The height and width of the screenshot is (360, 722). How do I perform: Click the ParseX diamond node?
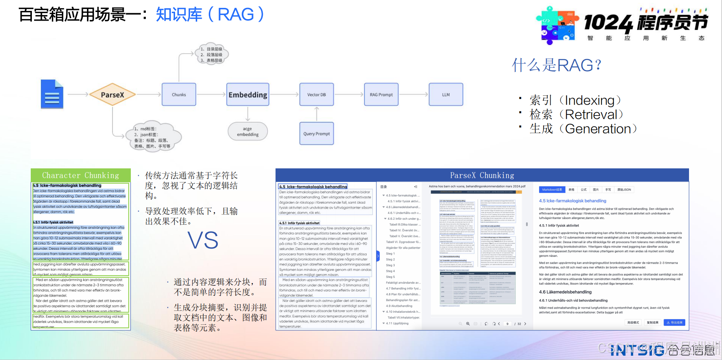(x=112, y=95)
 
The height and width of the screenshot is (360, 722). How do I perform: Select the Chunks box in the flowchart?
(x=179, y=94)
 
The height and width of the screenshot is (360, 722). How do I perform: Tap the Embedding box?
(x=248, y=94)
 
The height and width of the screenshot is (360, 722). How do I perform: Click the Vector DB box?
(x=316, y=94)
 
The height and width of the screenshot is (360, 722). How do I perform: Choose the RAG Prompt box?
(x=381, y=94)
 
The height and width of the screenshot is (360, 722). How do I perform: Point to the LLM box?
(x=446, y=94)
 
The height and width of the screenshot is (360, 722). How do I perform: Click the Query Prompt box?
(x=316, y=133)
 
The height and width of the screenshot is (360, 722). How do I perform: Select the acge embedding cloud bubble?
(x=248, y=132)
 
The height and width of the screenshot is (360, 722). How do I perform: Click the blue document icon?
(x=52, y=94)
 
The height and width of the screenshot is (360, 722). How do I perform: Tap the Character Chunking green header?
(x=81, y=175)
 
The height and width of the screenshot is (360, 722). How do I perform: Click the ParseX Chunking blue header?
(x=482, y=175)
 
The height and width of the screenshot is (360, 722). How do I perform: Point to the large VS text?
(x=203, y=240)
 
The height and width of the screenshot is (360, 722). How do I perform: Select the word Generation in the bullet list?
(x=598, y=129)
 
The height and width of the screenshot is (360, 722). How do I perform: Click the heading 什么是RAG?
(x=557, y=65)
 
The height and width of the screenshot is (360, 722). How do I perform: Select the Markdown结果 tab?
(x=552, y=190)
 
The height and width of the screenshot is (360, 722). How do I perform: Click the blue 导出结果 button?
(x=674, y=322)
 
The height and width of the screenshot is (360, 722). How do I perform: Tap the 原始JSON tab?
(x=624, y=190)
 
